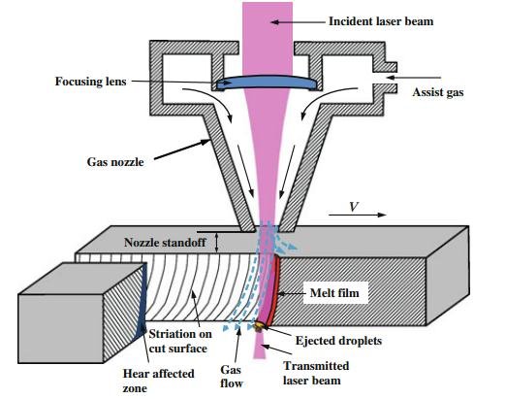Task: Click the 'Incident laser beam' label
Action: (x=381, y=21)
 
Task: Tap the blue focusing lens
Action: (x=267, y=83)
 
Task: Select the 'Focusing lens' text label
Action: (x=91, y=82)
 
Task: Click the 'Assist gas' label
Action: (x=438, y=92)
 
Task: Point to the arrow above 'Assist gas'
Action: (x=414, y=78)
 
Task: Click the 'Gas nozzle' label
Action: (x=115, y=162)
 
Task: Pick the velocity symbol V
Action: (x=354, y=207)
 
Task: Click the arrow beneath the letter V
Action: (x=358, y=215)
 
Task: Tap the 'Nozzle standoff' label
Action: (x=165, y=243)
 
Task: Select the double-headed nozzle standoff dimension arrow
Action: (x=217, y=243)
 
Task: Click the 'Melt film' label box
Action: (x=335, y=293)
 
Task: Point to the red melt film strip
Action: (x=274, y=289)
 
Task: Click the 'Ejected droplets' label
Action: (x=338, y=341)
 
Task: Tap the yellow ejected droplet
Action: (x=259, y=325)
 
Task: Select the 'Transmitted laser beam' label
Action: (x=316, y=373)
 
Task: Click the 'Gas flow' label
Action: (x=232, y=377)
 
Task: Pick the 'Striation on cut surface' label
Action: (x=180, y=341)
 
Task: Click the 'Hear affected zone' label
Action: (x=158, y=381)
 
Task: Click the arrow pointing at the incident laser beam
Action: (x=298, y=22)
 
